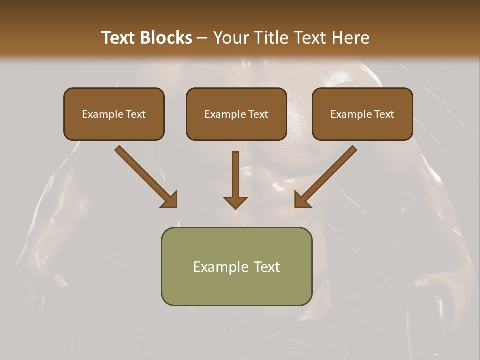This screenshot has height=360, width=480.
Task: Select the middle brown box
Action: tap(236, 127)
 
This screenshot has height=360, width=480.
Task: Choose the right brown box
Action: tap(362, 127)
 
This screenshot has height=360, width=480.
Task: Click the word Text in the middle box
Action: tap(258, 114)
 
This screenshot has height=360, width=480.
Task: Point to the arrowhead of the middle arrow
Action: tap(235, 202)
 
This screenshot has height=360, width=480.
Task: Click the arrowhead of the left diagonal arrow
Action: tap(169, 200)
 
